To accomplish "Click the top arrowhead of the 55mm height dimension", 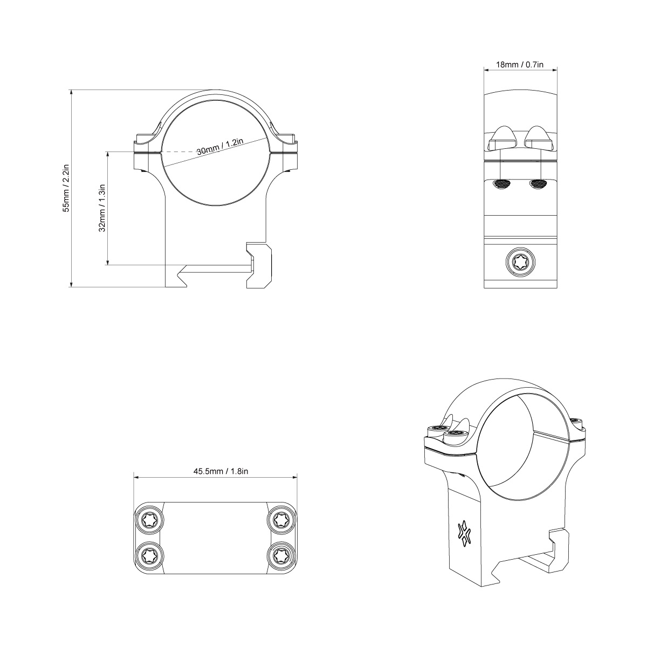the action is (71, 91).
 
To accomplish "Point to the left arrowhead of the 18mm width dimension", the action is (485, 70).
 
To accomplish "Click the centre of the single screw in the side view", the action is (521, 262).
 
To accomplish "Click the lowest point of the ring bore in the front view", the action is (215, 205).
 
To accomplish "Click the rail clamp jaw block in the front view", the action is (259, 265).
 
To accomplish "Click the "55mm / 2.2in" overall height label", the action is (66, 188).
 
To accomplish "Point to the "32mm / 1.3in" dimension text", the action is (102, 208).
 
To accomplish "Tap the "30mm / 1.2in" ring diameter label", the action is (220, 147).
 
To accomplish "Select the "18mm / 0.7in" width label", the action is (520, 65).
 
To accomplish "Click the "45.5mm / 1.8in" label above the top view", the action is (221, 471).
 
